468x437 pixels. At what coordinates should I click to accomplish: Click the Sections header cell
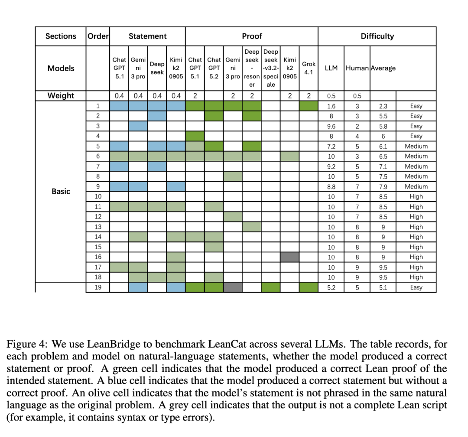point(61,36)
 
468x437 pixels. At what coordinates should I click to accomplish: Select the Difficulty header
point(377,36)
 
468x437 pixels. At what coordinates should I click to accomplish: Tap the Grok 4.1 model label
point(309,68)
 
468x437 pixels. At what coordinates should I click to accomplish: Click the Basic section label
point(61,191)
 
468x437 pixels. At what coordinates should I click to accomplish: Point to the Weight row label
point(61,96)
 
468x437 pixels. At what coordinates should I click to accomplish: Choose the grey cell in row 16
point(289,257)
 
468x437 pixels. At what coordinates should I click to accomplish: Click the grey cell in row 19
point(233,287)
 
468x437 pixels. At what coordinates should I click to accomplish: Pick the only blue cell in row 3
point(138,126)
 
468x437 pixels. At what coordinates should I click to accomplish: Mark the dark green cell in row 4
point(195,136)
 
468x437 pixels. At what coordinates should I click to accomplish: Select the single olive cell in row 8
point(233,176)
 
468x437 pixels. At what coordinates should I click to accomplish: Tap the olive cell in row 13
point(252,227)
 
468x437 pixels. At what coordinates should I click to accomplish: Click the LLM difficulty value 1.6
point(331,106)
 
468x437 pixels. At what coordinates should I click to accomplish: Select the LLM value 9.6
point(331,126)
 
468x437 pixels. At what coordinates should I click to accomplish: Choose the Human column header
point(357,68)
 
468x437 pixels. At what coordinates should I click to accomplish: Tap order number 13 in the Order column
point(98,227)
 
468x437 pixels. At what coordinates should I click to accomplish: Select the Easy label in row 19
point(416,287)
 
